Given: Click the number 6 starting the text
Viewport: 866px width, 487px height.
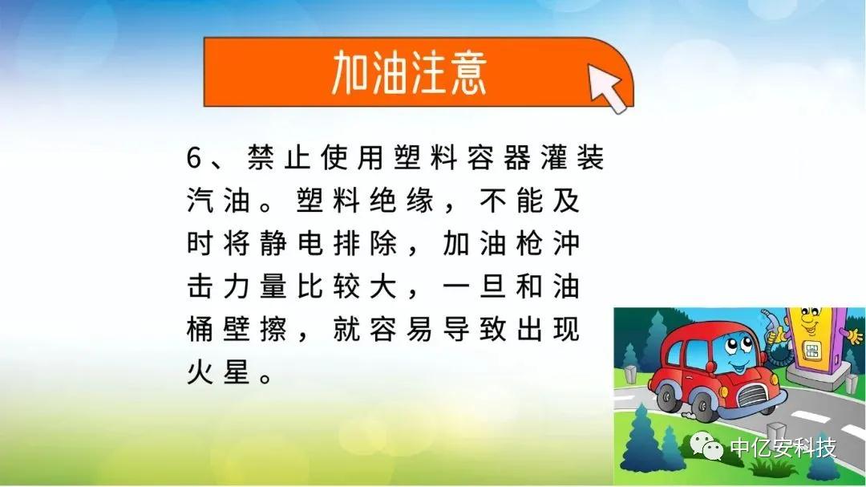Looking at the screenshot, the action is click(194, 158).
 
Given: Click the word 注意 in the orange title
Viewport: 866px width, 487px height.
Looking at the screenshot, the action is click(448, 72).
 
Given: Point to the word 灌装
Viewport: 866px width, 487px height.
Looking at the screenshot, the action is click(573, 157).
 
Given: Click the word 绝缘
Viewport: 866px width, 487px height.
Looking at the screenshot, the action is click(402, 201).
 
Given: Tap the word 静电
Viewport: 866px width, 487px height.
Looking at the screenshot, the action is click(292, 243).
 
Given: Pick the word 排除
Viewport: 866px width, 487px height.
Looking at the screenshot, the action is click(365, 243).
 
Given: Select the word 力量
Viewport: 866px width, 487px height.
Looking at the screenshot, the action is click(255, 286).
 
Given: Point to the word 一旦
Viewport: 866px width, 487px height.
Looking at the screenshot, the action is click(475, 286).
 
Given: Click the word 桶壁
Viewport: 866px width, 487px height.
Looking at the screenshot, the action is click(218, 330).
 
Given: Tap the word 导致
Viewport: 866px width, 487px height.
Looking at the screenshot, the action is click(475, 330).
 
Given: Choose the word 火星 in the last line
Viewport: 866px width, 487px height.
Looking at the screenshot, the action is click(218, 372).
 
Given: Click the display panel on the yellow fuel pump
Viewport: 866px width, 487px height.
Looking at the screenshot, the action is click(811, 349).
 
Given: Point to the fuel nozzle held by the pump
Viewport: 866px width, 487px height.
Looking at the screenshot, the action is click(771, 327).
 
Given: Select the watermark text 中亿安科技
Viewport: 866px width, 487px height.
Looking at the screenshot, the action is click(783, 447).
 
